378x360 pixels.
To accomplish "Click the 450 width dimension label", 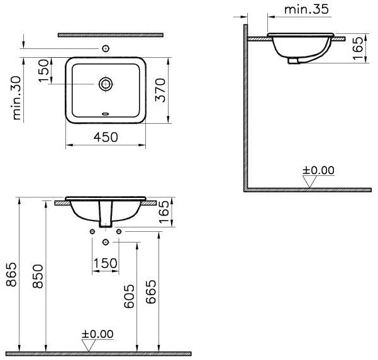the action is pos(106,137).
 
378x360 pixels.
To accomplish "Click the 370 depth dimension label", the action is pos(160,90).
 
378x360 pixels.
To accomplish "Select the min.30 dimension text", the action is pos(17,98).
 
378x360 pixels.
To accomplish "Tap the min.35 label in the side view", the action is pos(306,9).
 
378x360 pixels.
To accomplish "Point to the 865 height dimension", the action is pos(11,275).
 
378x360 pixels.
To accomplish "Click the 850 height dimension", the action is pos(38,276).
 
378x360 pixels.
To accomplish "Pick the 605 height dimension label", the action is pos(129,296).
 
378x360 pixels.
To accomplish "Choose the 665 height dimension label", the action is pos(151,292).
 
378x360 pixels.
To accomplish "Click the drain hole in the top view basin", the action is pos(106,84).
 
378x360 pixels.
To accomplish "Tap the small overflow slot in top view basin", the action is pos(106,114).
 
